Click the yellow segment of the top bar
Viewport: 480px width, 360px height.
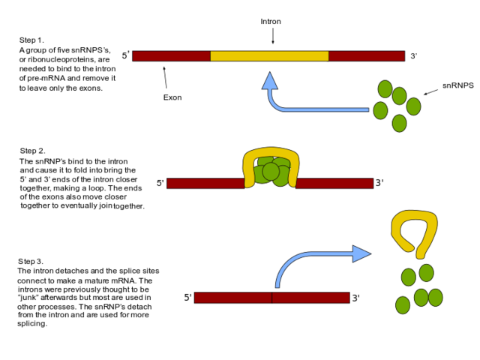(x=269, y=55)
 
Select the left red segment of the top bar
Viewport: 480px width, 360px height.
(x=171, y=55)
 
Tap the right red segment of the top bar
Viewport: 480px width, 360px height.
(x=366, y=55)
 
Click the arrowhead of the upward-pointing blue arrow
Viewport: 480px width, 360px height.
(x=270, y=81)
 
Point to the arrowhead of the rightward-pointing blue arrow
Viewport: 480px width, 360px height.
(x=361, y=253)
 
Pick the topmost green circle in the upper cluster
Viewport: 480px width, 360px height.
(x=385, y=89)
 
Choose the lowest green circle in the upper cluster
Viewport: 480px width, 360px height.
(x=399, y=123)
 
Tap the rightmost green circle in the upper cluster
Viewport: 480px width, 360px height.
(x=413, y=106)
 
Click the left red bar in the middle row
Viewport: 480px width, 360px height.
(x=205, y=183)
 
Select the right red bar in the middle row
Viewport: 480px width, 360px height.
(x=334, y=183)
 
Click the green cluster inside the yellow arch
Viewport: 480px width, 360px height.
(x=271, y=172)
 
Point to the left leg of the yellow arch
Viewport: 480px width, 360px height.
(x=249, y=173)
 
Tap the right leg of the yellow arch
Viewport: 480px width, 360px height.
(x=293, y=173)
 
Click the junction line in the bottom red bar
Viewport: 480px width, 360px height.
(x=271, y=298)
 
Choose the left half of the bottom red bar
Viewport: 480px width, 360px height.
(x=232, y=298)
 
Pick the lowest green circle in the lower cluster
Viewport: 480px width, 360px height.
(x=403, y=305)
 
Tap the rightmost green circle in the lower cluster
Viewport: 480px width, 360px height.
(x=436, y=298)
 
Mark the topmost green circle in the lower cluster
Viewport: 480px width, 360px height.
(x=426, y=273)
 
